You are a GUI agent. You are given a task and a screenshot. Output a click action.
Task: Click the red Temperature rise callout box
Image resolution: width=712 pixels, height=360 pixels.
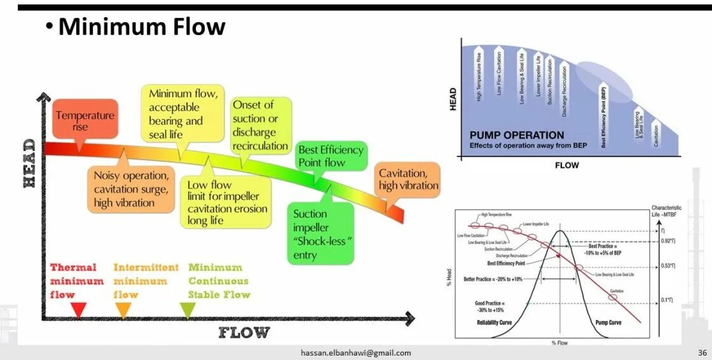(85, 120)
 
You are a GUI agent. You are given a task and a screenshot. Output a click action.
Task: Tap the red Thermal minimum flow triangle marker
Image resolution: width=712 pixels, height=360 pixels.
(78, 310)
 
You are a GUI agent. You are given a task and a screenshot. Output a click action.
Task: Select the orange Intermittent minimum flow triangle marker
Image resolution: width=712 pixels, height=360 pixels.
(123, 310)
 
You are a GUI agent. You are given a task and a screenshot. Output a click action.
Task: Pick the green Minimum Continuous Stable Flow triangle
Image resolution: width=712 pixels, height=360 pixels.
(188, 310)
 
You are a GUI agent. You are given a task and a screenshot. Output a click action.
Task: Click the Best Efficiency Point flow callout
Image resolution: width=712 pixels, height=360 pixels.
(331, 156)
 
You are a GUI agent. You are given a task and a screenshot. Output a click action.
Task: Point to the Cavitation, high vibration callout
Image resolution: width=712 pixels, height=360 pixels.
(408, 180)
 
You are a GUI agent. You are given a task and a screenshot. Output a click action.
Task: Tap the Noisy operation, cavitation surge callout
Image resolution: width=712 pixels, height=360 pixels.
(130, 189)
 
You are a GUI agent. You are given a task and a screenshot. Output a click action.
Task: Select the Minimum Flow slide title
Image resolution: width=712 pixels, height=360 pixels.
(141, 27)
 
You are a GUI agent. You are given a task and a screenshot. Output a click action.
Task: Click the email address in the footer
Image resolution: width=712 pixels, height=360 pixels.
(355, 353)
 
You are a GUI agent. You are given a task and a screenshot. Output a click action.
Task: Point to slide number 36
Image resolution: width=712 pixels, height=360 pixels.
(702, 352)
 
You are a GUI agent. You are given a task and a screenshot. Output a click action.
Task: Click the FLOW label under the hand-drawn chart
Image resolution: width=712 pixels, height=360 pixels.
(244, 332)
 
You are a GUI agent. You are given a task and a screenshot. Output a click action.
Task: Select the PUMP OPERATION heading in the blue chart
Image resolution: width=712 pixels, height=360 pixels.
(516, 135)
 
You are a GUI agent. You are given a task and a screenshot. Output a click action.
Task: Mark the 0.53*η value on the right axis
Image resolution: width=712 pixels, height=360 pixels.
(667, 266)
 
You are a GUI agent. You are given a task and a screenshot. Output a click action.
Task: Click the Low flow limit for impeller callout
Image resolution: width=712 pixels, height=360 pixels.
(227, 202)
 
